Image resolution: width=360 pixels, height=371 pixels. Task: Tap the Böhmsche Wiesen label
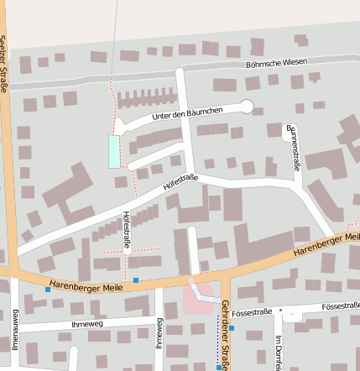point(276,63)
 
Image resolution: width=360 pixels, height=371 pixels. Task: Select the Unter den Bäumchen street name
point(186,114)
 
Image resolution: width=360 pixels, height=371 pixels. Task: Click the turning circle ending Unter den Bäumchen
point(246,106)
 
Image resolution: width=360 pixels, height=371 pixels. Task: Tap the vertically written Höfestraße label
point(127,230)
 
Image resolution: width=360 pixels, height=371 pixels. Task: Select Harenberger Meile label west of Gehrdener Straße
point(86,286)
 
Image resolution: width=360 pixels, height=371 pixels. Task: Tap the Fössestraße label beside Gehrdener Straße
point(253,312)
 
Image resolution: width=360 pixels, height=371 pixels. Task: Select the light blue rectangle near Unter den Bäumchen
point(113,151)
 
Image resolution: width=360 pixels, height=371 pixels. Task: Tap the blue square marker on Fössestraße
point(232,328)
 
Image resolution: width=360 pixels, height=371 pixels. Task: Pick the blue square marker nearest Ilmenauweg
point(47,290)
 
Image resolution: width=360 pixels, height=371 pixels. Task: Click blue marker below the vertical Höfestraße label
point(135,280)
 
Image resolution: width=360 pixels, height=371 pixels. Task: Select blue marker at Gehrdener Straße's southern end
point(218,368)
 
